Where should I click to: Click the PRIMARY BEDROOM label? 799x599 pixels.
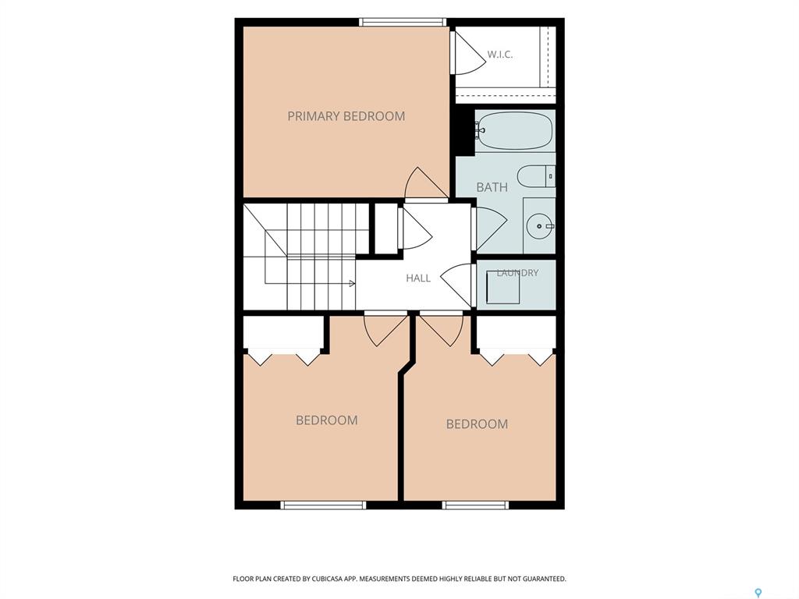[x=346, y=116]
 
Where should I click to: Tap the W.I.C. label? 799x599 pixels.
[x=500, y=55]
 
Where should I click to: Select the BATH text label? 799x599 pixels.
[x=492, y=187]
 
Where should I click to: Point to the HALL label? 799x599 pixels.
[x=418, y=278]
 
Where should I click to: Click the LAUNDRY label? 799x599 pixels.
[x=517, y=272]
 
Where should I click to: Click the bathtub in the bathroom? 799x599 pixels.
[x=515, y=131]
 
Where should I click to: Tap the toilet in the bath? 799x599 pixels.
[x=536, y=177]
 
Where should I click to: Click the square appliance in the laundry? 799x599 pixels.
[x=503, y=287]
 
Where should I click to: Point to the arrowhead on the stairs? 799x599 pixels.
[x=352, y=283]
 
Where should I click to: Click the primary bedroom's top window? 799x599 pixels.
[x=403, y=22]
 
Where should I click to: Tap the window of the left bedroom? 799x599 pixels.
[x=324, y=505]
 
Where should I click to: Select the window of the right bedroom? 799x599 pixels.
[x=475, y=505]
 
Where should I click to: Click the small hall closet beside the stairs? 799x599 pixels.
[x=386, y=229]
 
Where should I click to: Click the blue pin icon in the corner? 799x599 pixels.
[x=758, y=593]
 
